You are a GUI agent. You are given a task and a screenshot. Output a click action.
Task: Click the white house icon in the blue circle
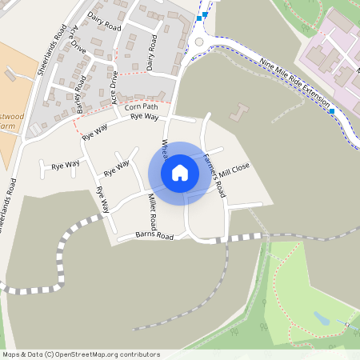(x=180, y=172)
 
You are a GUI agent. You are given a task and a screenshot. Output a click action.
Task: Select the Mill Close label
(x=234, y=170)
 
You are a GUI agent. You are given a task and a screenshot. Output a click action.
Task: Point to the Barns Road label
(x=154, y=237)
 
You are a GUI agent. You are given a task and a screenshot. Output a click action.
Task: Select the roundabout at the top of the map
(x=198, y=42)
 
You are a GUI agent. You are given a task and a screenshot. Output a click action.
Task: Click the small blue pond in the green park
(x=322, y=318)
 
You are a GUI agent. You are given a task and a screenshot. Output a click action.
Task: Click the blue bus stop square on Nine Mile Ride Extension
(x=330, y=111)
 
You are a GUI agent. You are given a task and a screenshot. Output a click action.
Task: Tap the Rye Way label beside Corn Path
(x=144, y=117)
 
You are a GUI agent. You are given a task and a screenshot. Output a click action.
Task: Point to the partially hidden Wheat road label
(x=165, y=147)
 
